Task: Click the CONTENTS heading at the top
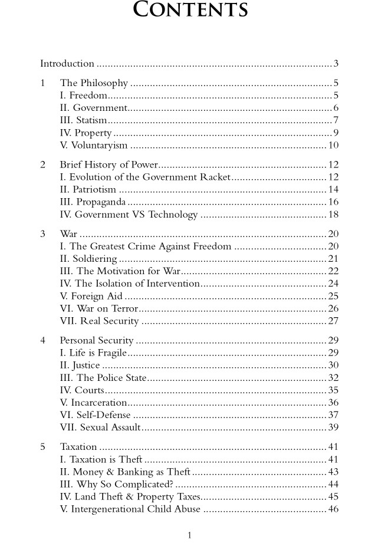pyautogui.click(x=190, y=10)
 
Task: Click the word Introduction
pyautogui.click(x=67, y=64)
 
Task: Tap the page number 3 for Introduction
pyautogui.click(x=335, y=64)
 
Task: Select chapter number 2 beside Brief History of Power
pyautogui.click(x=43, y=165)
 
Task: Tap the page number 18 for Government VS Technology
pyautogui.click(x=333, y=215)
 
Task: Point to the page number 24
pyautogui.click(x=333, y=284)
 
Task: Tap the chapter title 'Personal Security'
pyautogui.click(x=97, y=341)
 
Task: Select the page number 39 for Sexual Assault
pyautogui.click(x=333, y=428)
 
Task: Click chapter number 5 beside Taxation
pyautogui.click(x=43, y=447)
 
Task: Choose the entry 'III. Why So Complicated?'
pyautogui.click(x=116, y=485)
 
